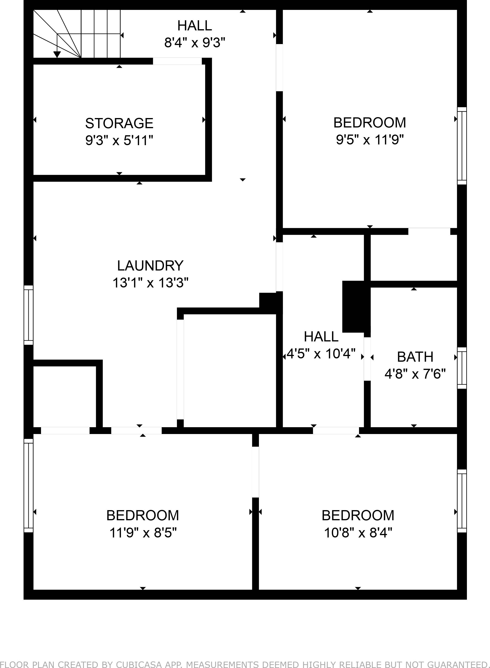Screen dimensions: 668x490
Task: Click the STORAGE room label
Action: (x=119, y=123)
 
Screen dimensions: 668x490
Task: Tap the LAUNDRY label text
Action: (x=150, y=266)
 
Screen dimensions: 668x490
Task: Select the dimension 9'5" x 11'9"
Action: (x=370, y=139)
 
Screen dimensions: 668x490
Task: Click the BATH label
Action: (x=415, y=357)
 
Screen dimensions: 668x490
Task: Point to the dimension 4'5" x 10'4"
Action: (x=321, y=354)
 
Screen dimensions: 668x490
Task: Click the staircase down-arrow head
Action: (x=57, y=55)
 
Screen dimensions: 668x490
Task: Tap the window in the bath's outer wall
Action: (x=461, y=368)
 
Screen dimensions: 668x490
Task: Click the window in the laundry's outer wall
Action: (x=29, y=315)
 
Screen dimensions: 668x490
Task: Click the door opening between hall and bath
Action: (x=367, y=359)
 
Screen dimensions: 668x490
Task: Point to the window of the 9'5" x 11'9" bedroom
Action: (x=461, y=146)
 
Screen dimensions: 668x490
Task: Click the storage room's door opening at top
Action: (x=177, y=61)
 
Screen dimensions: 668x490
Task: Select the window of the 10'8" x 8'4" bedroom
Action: (x=461, y=501)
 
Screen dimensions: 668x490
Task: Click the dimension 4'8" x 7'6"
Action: (x=415, y=374)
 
